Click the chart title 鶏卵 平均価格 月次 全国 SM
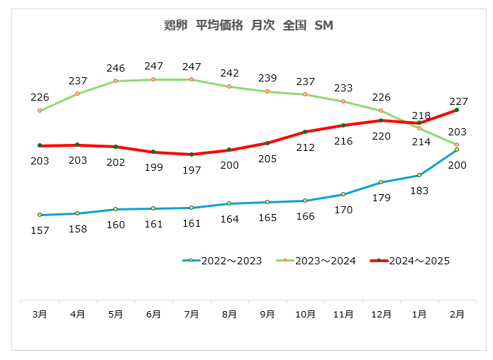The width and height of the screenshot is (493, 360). pos(248,26)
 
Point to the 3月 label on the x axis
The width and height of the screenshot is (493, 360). pos(40,314)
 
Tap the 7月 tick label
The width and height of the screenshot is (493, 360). pos(192,314)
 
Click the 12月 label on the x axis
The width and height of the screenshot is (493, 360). pos(381,314)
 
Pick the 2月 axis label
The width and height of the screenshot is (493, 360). pos(457,314)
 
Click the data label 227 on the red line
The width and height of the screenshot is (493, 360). pos(457,100)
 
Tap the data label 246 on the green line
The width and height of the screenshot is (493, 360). pos(116,68)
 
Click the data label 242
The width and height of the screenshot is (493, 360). pos(229,73)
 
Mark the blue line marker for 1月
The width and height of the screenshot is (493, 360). pos(419,175)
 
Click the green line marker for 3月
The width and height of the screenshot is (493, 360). pos(40,111)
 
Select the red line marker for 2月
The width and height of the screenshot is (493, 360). pos(457,110)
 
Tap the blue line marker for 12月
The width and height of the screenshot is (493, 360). pos(381,182)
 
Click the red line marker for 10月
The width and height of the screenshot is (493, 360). pos(305,132)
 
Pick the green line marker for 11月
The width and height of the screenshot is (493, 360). pos(343,101)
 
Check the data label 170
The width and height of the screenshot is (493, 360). pos(343,209)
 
